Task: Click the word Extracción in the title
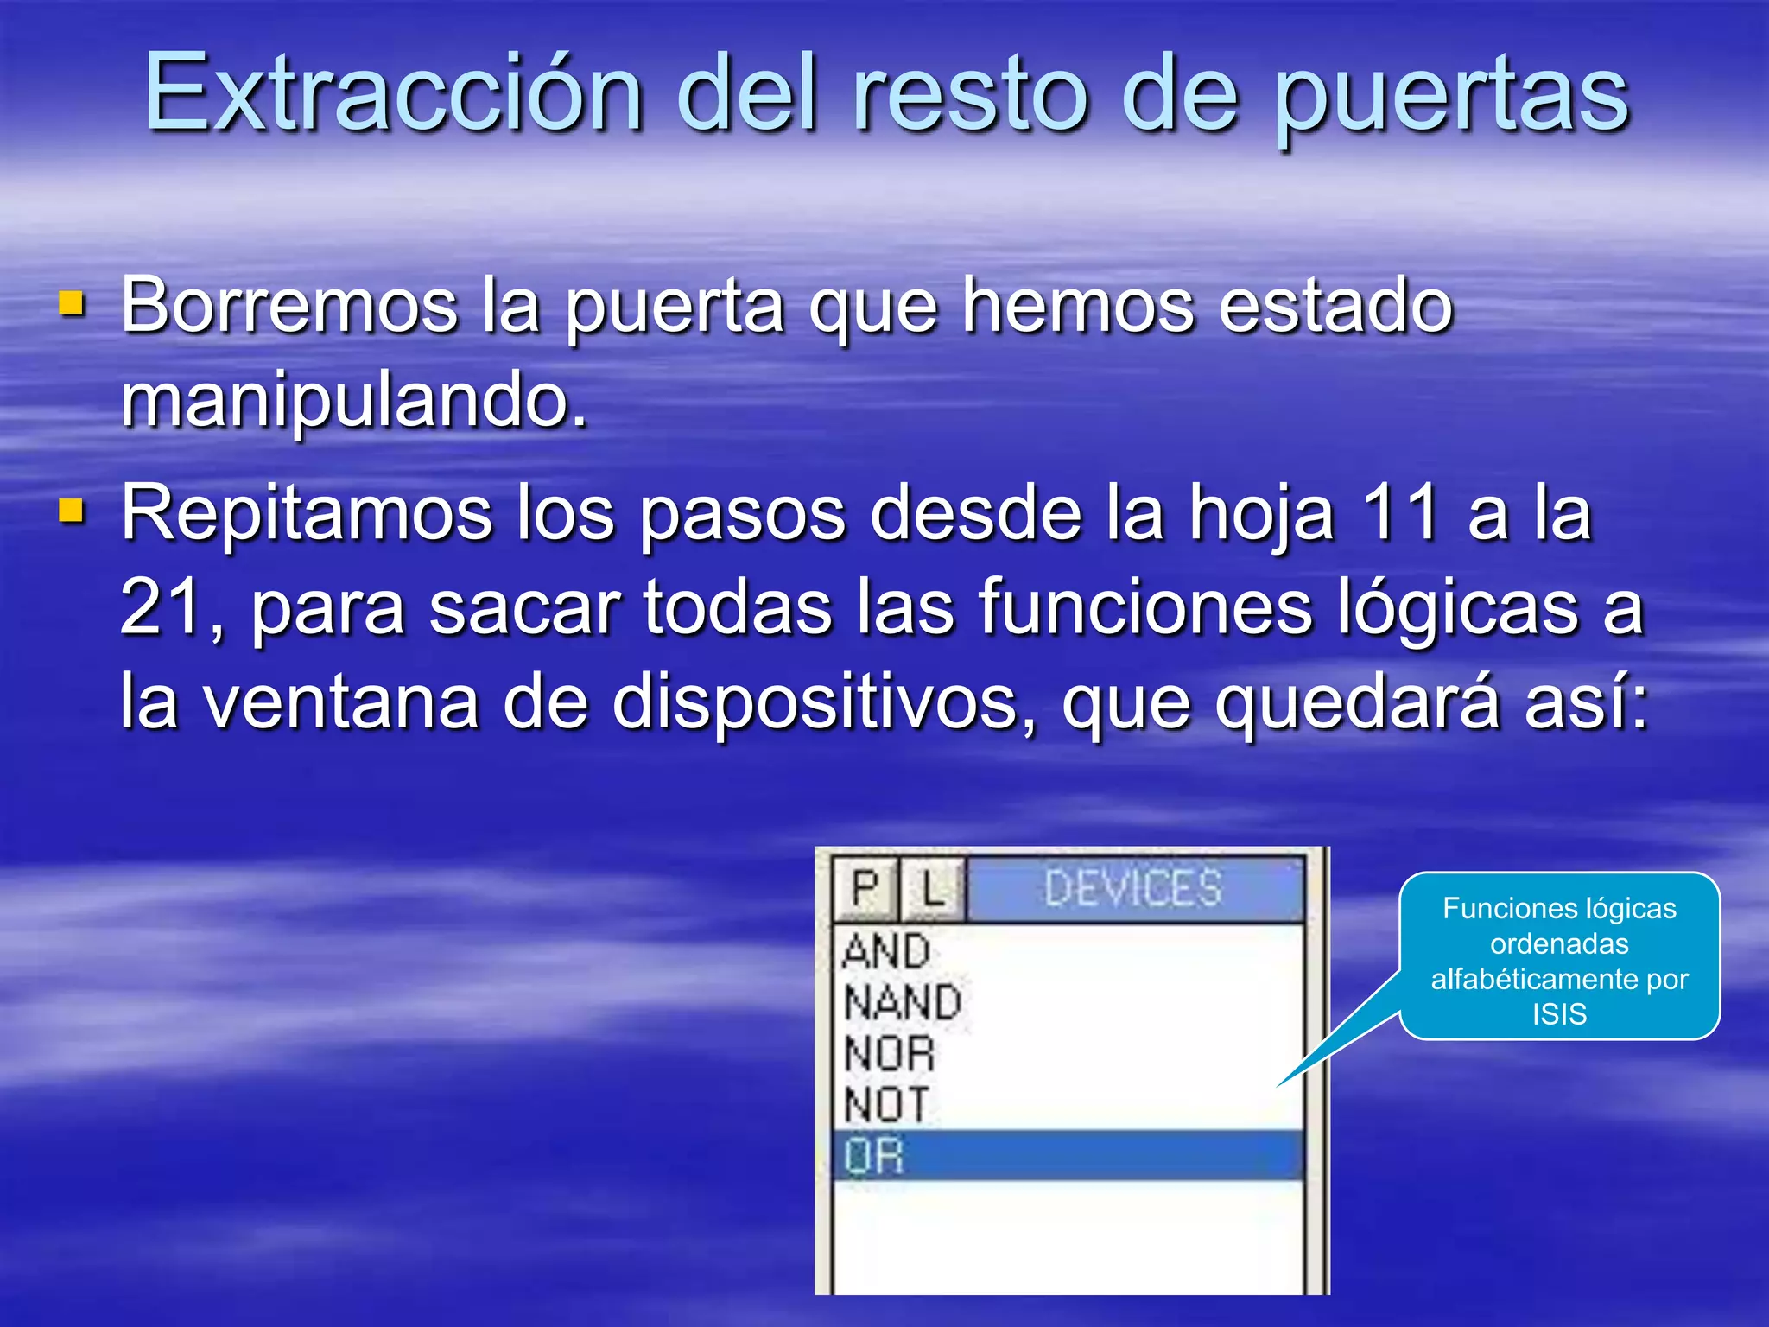tap(393, 92)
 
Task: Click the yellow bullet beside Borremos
tap(72, 303)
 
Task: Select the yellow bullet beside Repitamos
tap(72, 511)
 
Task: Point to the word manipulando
tap(354, 399)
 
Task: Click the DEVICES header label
tap(1133, 888)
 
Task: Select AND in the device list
tap(886, 951)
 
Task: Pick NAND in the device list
tap(903, 1002)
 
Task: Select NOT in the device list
tap(887, 1105)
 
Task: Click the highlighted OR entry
tap(874, 1156)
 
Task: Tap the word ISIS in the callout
tap(1559, 1013)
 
